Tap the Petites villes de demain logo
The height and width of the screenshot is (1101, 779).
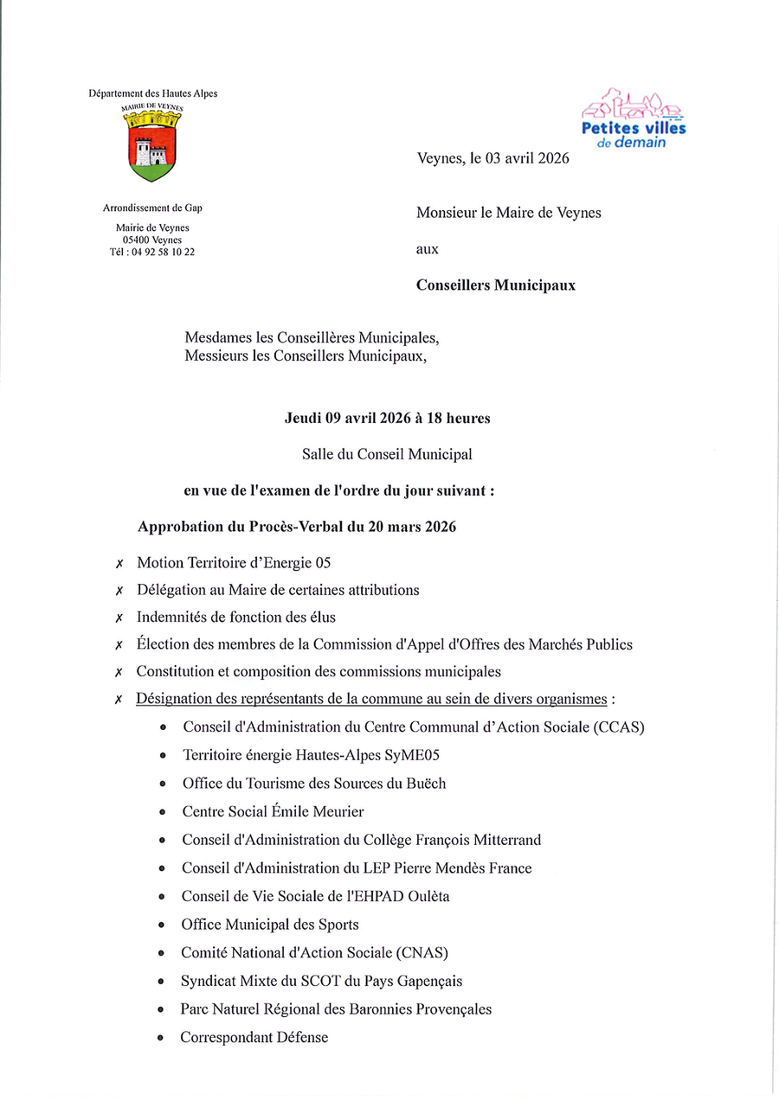point(634,118)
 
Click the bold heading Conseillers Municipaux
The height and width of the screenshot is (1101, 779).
point(495,285)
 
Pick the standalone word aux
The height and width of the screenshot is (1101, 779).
point(428,249)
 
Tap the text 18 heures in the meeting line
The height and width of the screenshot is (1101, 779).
point(459,418)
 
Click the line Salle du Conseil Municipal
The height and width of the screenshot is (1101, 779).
point(387,453)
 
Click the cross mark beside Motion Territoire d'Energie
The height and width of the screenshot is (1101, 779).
point(119,564)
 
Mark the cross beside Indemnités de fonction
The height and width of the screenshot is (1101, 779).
point(119,618)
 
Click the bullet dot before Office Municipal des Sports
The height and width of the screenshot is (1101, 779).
point(162,925)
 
